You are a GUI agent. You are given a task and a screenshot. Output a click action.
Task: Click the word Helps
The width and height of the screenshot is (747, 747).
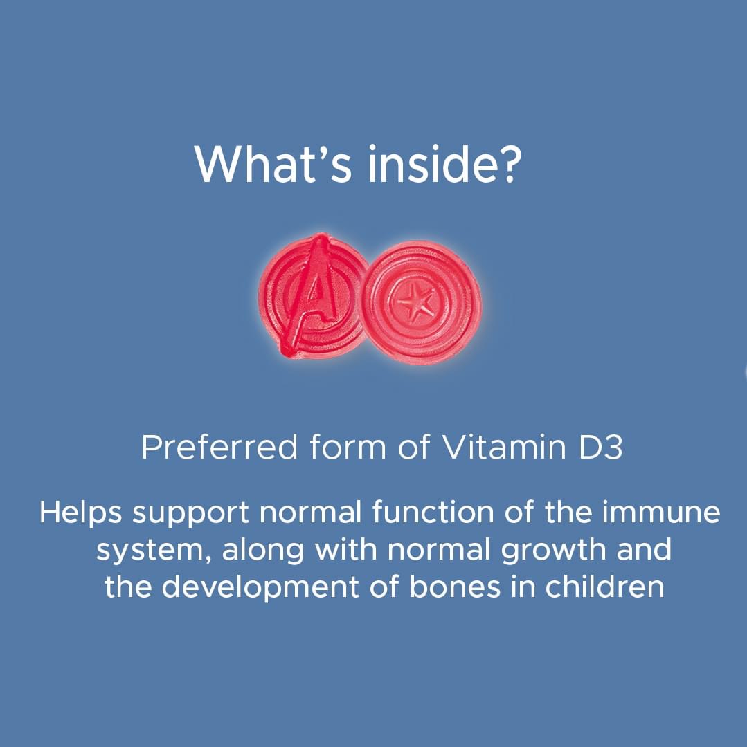click(x=81, y=514)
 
